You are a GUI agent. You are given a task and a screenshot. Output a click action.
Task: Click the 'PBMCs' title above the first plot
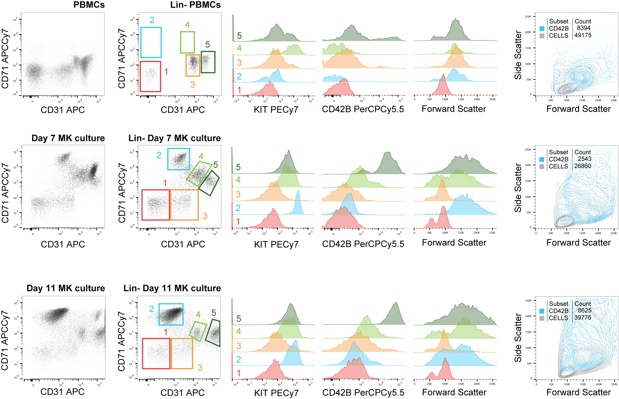click(89, 5)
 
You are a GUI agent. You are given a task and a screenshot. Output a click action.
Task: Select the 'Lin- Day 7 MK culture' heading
click(174, 138)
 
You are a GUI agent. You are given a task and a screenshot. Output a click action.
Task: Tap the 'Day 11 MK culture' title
click(66, 288)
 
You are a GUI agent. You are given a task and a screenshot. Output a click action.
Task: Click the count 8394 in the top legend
click(584, 28)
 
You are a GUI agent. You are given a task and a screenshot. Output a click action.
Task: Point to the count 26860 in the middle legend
click(583, 166)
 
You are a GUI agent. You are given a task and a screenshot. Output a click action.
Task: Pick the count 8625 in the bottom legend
click(584, 310)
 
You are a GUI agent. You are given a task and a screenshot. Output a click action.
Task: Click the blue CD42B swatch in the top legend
click(542, 29)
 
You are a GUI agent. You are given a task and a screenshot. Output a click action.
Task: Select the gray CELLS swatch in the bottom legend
click(542, 318)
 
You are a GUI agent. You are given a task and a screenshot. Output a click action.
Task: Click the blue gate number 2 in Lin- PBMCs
click(152, 20)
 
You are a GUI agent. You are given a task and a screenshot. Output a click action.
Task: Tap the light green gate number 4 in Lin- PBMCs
click(187, 25)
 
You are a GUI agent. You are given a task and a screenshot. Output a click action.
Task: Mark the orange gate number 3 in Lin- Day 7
click(205, 216)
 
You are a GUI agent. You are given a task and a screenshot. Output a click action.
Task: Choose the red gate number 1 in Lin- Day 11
click(166, 332)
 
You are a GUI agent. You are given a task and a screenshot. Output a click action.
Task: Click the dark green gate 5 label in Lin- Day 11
click(214, 313)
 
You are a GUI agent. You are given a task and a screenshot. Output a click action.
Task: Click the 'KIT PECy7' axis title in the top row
click(276, 109)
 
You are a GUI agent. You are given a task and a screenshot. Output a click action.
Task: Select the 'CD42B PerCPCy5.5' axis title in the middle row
click(363, 244)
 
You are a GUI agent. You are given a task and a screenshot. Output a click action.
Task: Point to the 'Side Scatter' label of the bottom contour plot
click(518, 338)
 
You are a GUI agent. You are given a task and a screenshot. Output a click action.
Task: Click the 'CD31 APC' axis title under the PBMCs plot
click(63, 110)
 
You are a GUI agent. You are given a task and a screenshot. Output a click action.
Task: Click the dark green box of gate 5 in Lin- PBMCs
click(208, 62)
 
